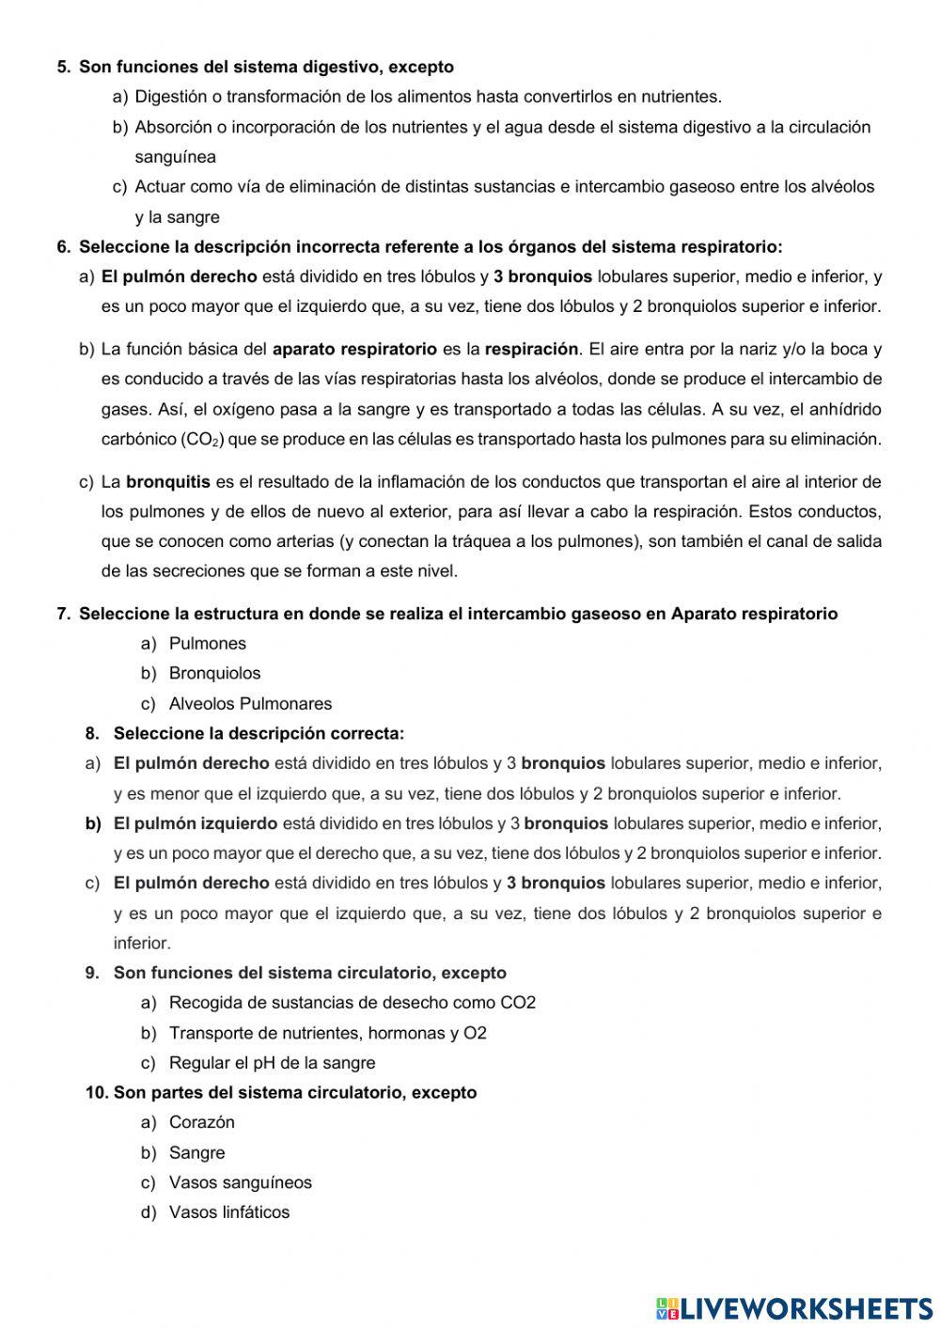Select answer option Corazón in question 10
click(x=201, y=1122)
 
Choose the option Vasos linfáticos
click(x=228, y=1212)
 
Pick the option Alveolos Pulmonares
click(x=250, y=704)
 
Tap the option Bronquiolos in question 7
click(x=214, y=674)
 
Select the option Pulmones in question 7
click(x=207, y=644)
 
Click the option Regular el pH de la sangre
click(x=272, y=1063)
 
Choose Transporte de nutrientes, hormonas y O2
click(x=327, y=1033)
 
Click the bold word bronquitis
click(x=168, y=482)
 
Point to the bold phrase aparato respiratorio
click(x=354, y=350)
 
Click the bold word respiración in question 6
click(x=531, y=350)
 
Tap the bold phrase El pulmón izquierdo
click(x=196, y=824)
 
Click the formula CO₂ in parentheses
click(x=198, y=440)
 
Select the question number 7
click(x=63, y=614)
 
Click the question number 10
click(x=96, y=1093)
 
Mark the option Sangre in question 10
click(x=196, y=1153)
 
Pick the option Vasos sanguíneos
click(x=240, y=1183)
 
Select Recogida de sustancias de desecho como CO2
click(x=352, y=1003)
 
